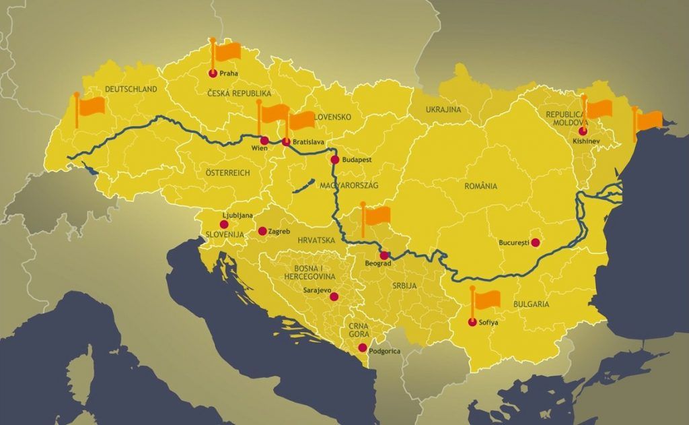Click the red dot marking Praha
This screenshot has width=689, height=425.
click(213, 73)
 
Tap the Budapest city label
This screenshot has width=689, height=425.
click(357, 160)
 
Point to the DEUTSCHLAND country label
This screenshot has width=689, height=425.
click(131, 89)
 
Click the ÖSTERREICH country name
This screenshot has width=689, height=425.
click(227, 173)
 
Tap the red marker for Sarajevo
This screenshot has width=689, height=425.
click(334, 296)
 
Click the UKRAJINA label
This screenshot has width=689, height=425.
click(443, 109)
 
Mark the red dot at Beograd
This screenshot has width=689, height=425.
click(384, 255)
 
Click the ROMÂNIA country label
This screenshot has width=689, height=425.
click(480, 186)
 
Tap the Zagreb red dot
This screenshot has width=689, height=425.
click(262, 231)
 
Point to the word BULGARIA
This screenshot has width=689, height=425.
click(530, 304)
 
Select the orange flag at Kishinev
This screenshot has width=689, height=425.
click(598, 108)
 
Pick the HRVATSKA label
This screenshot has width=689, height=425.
click(315, 240)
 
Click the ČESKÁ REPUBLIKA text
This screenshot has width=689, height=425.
click(238, 94)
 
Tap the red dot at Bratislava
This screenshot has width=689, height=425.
click(286, 142)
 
